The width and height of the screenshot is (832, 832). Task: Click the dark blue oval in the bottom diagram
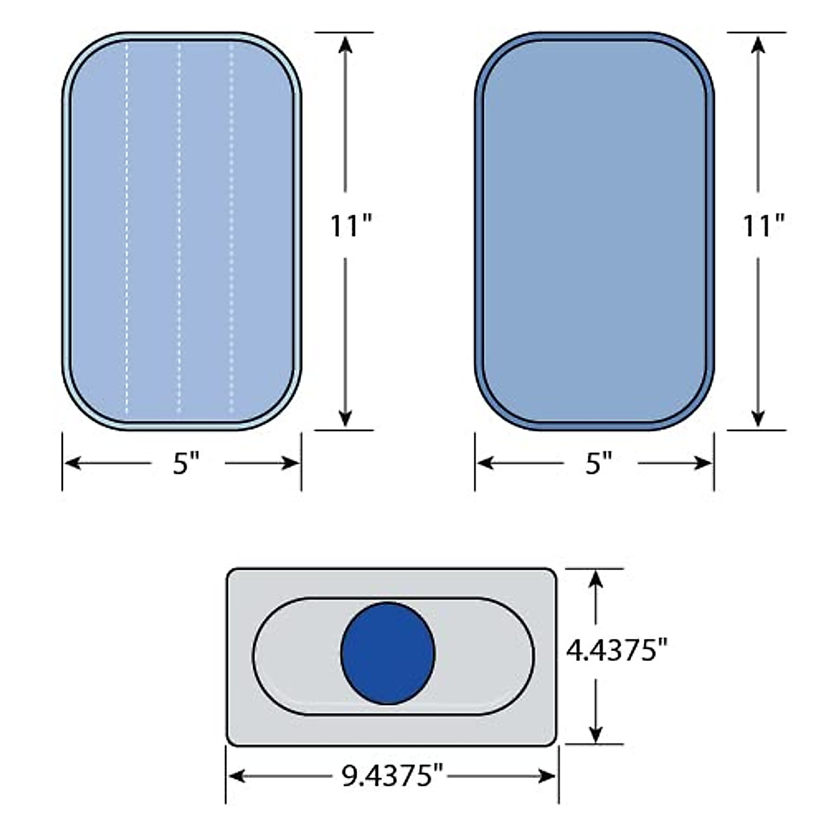(388, 653)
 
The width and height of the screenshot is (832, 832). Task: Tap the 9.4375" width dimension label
(392, 776)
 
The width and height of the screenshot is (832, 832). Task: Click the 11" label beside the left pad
(350, 225)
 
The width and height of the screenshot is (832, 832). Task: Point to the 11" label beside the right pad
(763, 225)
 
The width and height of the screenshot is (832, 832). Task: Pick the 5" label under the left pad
(186, 463)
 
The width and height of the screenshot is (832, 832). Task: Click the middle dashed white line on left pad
(179, 229)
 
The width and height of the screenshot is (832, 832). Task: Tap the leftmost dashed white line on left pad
(127, 229)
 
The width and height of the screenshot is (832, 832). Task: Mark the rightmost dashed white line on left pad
(232, 229)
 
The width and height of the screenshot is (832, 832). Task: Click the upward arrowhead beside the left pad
(345, 43)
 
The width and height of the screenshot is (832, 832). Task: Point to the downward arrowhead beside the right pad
(758, 418)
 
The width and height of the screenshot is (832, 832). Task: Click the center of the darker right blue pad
(594, 231)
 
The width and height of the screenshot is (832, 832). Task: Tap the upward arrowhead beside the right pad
(758, 43)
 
